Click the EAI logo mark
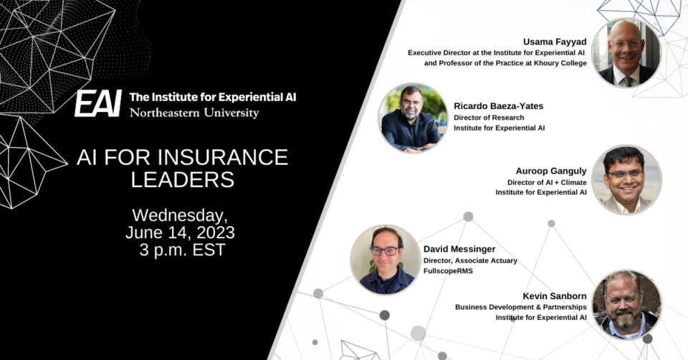click(x=98, y=103)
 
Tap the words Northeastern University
click(x=194, y=113)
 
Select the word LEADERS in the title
click(x=183, y=179)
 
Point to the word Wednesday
click(x=180, y=216)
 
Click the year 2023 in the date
click(x=216, y=232)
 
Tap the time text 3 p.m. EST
click(x=182, y=250)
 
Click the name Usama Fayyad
click(x=555, y=42)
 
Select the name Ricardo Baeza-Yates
click(x=499, y=106)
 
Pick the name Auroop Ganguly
click(x=551, y=171)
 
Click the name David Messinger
click(x=459, y=249)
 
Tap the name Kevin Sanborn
click(x=555, y=296)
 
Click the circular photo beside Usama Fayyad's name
click(x=626, y=52)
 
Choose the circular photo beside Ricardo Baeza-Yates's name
click(x=413, y=118)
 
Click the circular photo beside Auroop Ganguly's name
click(x=626, y=179)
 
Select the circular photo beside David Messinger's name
click(x=386, y=260)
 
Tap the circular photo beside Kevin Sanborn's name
click(x=626, y=305)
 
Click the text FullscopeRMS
click(x=448, y=271)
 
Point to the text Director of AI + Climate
click(x=547, y=182)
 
